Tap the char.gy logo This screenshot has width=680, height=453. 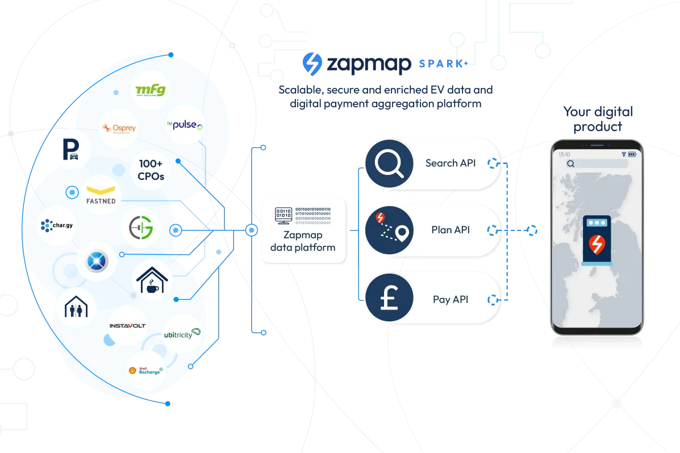(57, 227)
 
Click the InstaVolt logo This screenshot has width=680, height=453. (128, 326)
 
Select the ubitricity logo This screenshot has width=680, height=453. (182, 333)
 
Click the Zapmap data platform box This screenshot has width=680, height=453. (303, 230)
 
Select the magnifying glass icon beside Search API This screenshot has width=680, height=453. (389, 163)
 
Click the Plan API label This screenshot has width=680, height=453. (450, 230)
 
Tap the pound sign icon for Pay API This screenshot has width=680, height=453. (389, 299)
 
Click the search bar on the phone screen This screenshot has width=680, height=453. (596, 164)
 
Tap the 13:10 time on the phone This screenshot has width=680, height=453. (564, 154)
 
